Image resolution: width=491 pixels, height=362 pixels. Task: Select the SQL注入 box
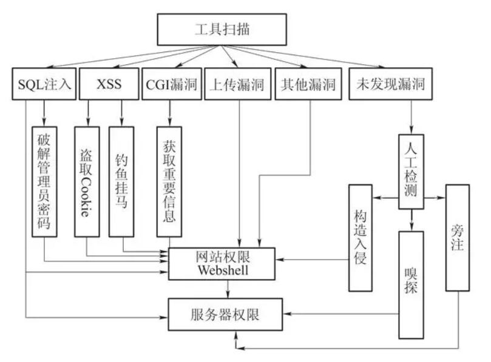42,84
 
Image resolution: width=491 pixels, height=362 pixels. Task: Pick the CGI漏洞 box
170,84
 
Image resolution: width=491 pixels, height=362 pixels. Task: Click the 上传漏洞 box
237,84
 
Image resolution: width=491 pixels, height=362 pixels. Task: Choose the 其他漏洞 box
307,84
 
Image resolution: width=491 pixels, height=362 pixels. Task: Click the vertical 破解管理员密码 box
44,181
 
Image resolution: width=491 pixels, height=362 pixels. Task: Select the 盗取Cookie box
86,181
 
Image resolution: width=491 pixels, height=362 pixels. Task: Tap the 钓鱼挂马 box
121,181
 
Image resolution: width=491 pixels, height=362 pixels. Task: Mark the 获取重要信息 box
169,181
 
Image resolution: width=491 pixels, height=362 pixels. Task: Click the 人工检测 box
411,172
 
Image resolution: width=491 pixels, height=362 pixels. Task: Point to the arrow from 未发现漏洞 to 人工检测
411,116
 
